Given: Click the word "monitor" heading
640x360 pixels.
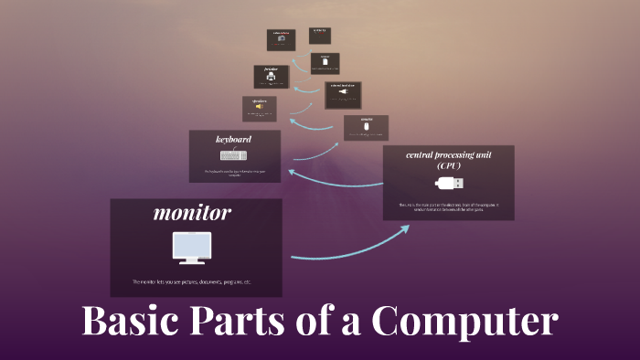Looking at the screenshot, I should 192,214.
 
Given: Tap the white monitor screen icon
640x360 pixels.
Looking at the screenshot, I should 192,249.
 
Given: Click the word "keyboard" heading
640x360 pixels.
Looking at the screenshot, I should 233,140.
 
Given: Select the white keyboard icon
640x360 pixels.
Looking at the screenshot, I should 233,155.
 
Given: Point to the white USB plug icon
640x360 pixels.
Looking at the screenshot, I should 448,183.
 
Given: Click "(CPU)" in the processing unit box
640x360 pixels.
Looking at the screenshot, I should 448,166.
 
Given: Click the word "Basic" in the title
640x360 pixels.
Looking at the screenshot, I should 132,323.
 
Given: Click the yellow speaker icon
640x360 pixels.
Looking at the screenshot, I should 260,107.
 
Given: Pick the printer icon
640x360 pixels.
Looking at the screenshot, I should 271,78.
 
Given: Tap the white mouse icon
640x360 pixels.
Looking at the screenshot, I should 366,126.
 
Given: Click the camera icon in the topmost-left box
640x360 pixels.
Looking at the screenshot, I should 282,39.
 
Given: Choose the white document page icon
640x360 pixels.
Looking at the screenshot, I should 325,61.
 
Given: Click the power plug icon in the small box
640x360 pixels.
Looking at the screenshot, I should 342,91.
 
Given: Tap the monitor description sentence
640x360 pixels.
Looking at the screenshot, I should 191,281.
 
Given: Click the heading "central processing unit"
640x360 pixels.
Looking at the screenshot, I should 448,154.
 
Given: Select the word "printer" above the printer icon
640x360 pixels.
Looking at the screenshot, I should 271,69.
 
